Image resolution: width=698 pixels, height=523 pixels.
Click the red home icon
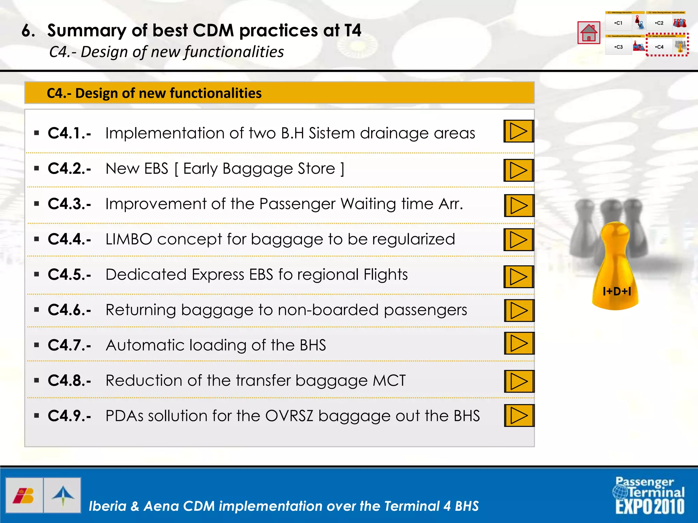[589, 33]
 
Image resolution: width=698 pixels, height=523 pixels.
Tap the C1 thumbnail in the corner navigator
[619, 23]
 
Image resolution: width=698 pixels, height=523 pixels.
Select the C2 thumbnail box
[659, 23]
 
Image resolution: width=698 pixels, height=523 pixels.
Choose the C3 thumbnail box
[619, 47]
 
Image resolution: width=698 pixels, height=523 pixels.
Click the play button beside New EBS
[518, 170]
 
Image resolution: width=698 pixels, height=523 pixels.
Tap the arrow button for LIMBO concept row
[518, 240]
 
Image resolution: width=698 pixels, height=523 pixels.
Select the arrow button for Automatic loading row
[519, 344]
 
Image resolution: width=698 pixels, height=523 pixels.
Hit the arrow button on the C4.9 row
[519, 415]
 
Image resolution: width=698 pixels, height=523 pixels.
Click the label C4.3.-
[70, 204]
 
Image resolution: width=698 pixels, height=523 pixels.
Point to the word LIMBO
[128, 239]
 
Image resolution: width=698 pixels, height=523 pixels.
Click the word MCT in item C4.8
[389, 380]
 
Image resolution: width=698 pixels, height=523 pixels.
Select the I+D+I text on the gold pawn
[617, 291]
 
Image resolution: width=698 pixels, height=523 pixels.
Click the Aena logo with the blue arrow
[63, 495]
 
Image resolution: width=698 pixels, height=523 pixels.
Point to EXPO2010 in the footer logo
[650, 506]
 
